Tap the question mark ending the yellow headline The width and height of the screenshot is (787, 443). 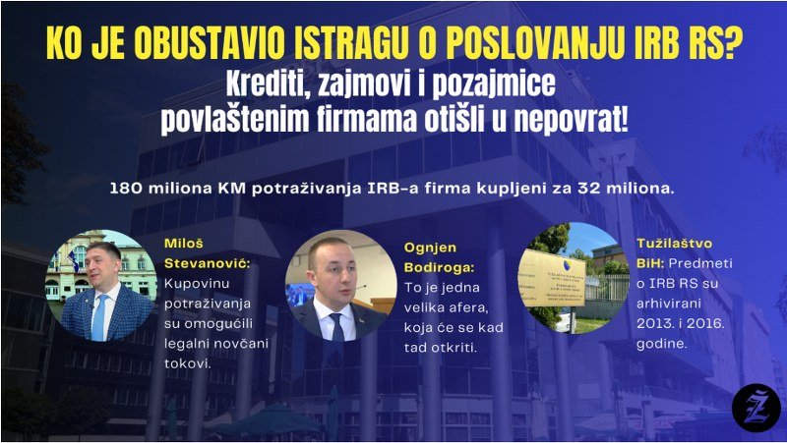coord(732,43)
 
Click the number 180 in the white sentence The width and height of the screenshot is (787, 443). coord(124,189)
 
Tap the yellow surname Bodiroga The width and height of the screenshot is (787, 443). coord(439,268)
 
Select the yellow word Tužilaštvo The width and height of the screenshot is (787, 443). coord(674,244)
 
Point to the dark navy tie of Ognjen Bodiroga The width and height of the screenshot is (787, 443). coord(336,328)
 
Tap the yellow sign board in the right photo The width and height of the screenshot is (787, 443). coord(552,278)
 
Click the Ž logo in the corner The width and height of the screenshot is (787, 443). coord(756,407)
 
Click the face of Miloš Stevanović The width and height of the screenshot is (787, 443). coord(104,267)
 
